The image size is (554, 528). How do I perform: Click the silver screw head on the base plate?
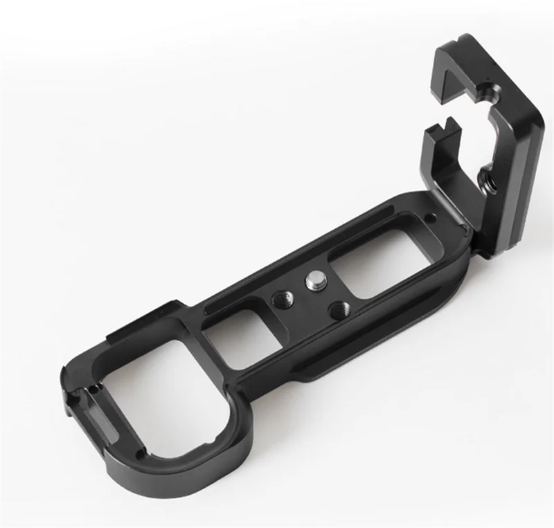[313, 280]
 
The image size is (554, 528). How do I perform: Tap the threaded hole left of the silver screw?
[283, 300]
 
